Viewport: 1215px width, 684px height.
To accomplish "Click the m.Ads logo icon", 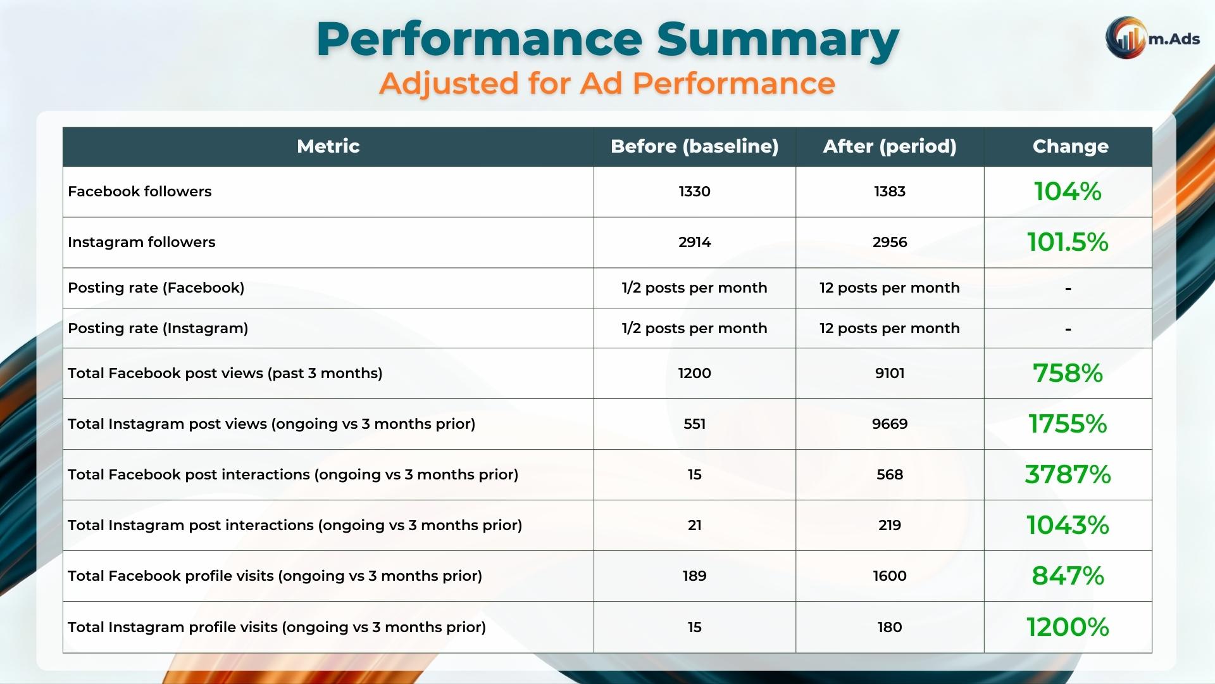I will pyautogui.click(x=1126, y=38).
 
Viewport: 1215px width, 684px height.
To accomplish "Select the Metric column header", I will pyautogui.click(x=328, y=146).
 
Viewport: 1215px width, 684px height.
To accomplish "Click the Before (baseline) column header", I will pyautogui.click(x=694, y=146).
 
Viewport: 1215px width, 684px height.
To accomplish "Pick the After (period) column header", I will pyautogui.click(x=889, y=146).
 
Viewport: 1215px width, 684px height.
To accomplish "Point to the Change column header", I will pyautogui.click(x=1070, y=146).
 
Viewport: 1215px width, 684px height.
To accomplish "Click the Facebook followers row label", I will pyautogui.click(x=140, y=191).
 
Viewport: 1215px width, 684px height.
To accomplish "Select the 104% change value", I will pyautogui.click(x=1068, y=191).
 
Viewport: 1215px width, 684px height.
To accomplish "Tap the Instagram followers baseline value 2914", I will pyautogui.click(x=694, y=242).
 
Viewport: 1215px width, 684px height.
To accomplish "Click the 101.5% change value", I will pyautogui.click(x=1068, y=242).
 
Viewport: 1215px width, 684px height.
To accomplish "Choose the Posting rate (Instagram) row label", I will pyautogui.click(x=158, y=328).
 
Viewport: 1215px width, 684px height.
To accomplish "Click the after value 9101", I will pyautogui.click(x=889, y=373).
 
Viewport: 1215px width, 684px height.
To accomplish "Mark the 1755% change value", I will pyautogui.click(x=1068, y=424).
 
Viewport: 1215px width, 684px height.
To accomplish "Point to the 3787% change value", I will pyautogui.click(x=1068, y=474).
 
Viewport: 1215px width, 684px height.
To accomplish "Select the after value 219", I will pyautogui.click(x=889, y=525).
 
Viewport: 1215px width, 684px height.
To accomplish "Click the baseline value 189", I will pyautogui.click(x=694, y=576).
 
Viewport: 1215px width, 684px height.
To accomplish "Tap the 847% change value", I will pyautogui.click(x=1068, y=576).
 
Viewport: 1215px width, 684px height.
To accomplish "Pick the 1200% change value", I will pyautogui.click(x=1068, y=627).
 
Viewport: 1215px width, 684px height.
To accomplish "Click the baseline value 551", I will pyautogui.click(x=694, y=424).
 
